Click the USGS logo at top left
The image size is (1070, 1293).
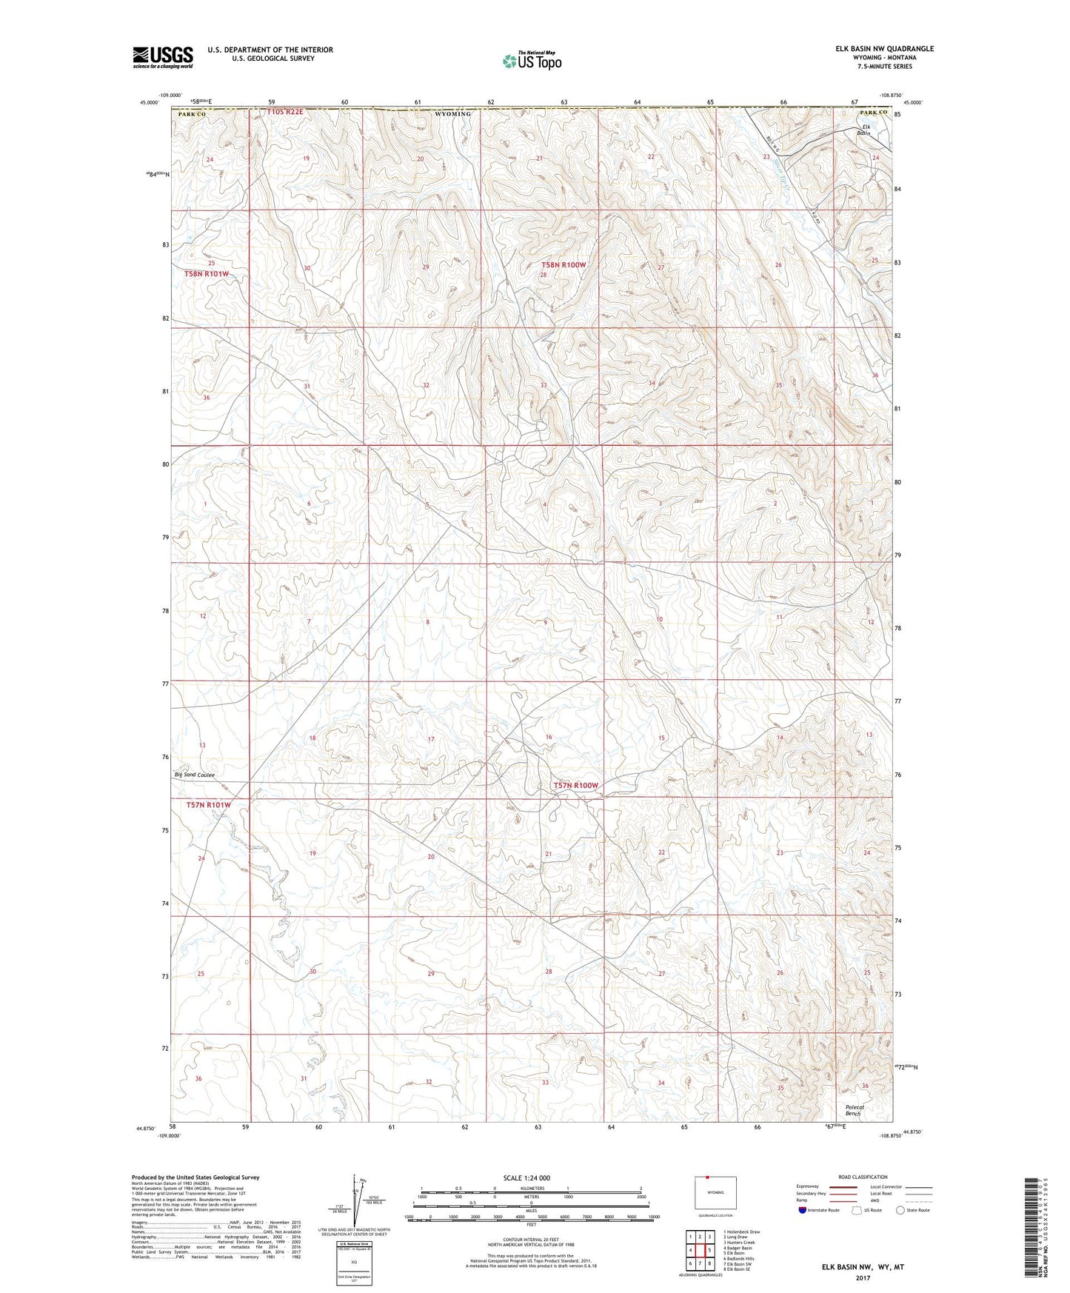[162, 56]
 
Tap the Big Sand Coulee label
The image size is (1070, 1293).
[194, 775]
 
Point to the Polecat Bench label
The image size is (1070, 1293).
[855, 1110]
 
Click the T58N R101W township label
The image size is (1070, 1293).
[207, 274]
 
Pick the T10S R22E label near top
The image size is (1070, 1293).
[285, 112]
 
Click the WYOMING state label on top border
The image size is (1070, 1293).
[452, 114]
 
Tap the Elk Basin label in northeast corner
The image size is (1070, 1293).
[863, 130]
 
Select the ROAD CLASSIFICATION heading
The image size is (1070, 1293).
[863, 1177]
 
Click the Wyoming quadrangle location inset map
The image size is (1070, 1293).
[715, 1194]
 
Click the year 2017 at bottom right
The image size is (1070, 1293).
[862, 1278]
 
